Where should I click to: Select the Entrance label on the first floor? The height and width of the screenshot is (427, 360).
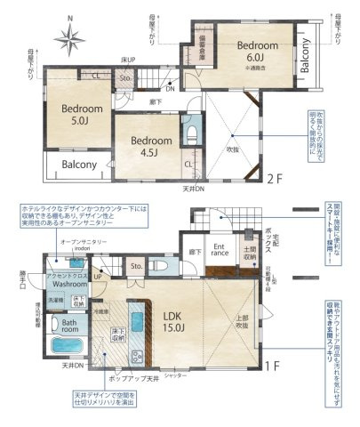[x=220, y=251]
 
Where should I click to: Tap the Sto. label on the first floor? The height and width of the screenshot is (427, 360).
[x=136, y=265]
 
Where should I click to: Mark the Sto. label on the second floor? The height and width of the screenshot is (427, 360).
[x=125, y=79]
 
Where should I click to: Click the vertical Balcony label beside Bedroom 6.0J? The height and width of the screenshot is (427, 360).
[x=305, y=55]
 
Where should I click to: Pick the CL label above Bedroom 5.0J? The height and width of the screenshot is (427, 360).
[x=95, y=75]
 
